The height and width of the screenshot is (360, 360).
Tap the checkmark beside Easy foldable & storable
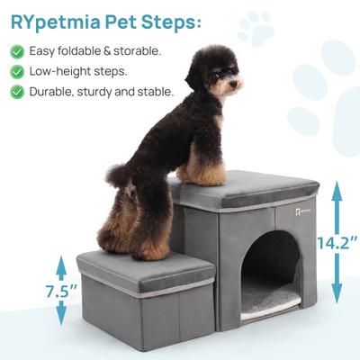[16, 50]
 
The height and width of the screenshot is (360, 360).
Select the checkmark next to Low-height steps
[16, 71]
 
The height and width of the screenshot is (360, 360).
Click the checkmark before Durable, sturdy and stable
[16, 92]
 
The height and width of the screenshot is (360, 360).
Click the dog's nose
[238, 85]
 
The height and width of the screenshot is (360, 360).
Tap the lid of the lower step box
[144, 267]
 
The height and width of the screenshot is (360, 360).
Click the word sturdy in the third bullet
[115, 92]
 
